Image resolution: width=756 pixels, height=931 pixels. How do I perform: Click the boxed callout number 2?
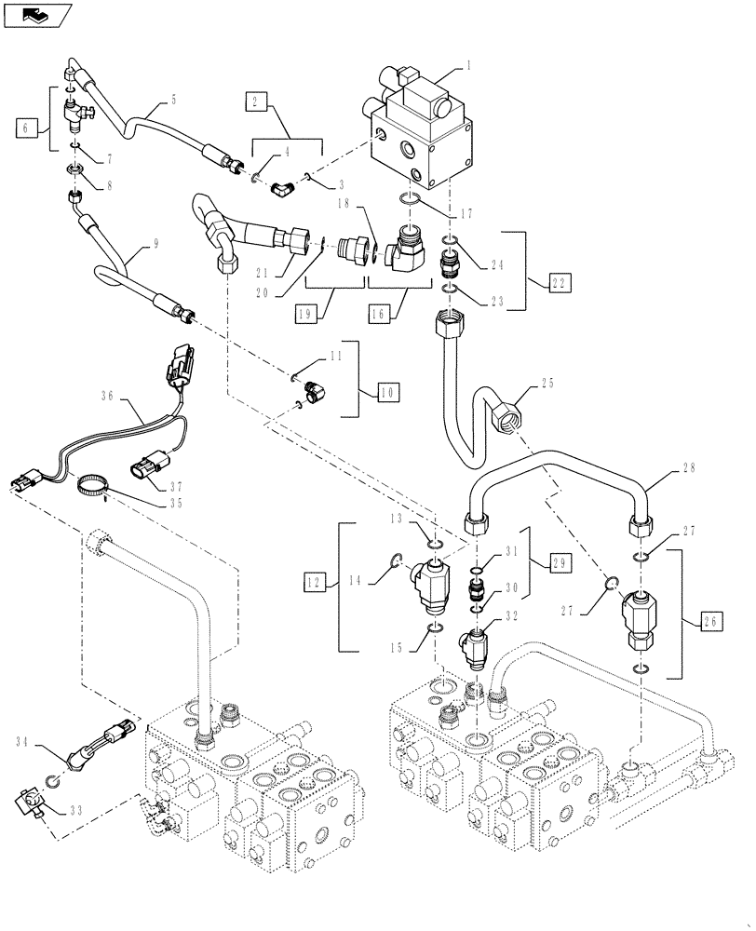[x=256, y=103]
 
